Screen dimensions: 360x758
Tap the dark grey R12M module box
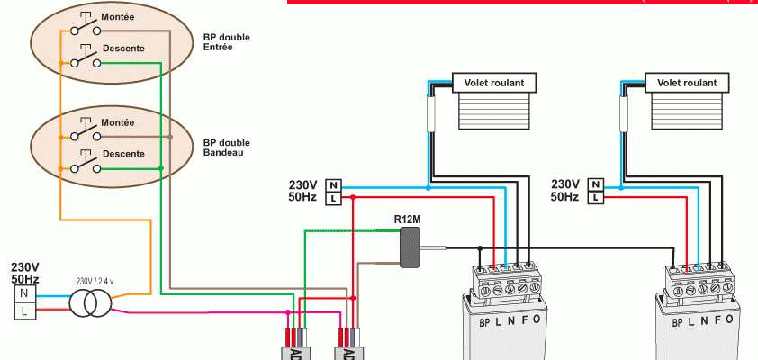click(411, 247)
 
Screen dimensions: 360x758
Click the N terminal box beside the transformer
click(25, 292)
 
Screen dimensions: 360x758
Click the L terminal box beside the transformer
click(25, 311)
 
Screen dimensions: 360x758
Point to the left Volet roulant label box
click(494, 83)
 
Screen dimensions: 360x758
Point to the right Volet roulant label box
click(688, 83)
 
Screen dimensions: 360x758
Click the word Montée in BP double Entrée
click(118, 18)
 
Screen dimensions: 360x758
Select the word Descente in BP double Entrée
click(123, 48)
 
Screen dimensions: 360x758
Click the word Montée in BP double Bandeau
click(118, 122)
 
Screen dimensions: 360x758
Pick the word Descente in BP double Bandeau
click(123, 154)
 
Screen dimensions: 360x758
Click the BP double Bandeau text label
click(227, 148)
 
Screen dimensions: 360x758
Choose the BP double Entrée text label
click(227, 42)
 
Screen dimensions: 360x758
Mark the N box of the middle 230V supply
click(333, 184)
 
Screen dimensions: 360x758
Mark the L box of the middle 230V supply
click(333, 198)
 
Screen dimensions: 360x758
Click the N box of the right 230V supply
click(595, 184)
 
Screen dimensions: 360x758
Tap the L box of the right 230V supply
click(595, 197)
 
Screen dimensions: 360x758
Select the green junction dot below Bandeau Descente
click(160, 168)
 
